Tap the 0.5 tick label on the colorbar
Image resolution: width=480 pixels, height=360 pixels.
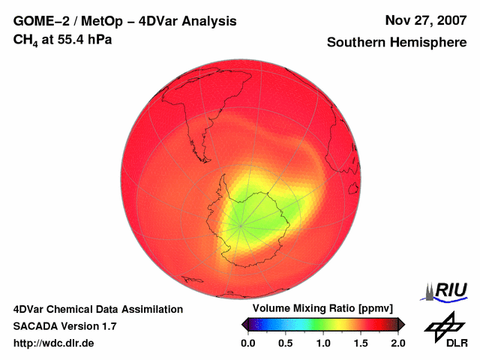click(x=285, y=343)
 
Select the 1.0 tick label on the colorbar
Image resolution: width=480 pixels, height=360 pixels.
click(x=323, y=343)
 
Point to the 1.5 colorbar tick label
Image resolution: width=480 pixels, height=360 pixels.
click(x=361, y=343)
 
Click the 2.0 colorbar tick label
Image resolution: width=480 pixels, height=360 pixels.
click(x=397, y=343)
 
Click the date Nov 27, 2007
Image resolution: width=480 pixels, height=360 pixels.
click(x=425, y=21)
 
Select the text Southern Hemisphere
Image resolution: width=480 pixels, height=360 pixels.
click(x=396, y=43)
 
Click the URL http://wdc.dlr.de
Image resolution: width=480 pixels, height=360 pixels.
click(x=54, y=343)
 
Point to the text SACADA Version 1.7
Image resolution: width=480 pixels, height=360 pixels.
click(x=64, y=326)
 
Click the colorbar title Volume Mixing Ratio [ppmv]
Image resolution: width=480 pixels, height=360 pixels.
click(x=323, y=309)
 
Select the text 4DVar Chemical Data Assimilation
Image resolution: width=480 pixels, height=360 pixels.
click(x=97, y=309)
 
